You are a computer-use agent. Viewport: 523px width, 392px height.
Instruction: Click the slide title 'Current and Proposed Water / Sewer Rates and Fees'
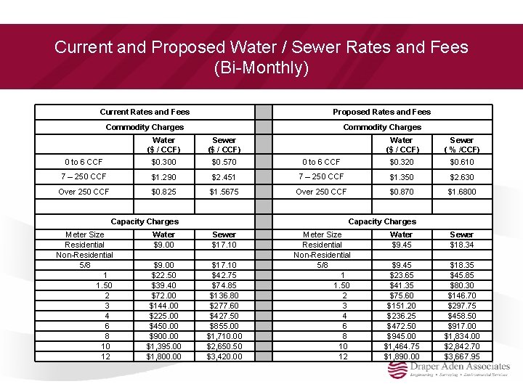(x=261, y=48)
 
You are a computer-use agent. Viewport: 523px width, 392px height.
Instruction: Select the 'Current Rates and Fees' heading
(x=145, y=112)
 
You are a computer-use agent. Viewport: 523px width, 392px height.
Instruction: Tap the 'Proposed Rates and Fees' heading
(x=381, y=112)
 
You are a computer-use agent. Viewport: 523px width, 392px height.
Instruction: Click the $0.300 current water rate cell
(x=163, y=161)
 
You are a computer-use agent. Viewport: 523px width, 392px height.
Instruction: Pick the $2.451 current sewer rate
(x=224, y=177)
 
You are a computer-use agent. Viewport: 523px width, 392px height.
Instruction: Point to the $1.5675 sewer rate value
(x=224, y=192)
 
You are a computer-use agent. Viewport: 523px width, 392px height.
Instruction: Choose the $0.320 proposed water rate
(x=401, y=161)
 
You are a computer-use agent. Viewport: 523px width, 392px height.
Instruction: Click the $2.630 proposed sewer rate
(x=461, y=176)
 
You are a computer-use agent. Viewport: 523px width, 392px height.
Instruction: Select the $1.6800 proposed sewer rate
(x=461, y=192)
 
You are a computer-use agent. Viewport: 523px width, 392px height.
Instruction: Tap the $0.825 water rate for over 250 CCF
(x=163, y=192)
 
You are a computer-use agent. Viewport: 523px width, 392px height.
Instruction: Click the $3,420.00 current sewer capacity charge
(x=224, y=356)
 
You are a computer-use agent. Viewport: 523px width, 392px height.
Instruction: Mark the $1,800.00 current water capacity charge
(x=163, y=356)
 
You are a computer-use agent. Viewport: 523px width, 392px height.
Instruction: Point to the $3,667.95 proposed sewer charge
(x=461, y=356)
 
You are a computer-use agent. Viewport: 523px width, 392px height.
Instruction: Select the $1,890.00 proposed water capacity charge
(x=401, y=356)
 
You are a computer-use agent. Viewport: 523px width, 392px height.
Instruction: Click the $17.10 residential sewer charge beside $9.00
(x=224, y=245)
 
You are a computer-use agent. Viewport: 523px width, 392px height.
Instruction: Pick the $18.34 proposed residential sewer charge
(x=461, y=245)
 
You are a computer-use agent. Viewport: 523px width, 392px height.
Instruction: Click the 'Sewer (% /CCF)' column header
(x=461, y=144)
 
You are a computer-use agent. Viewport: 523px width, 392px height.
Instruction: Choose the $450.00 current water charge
(x=163, y=326)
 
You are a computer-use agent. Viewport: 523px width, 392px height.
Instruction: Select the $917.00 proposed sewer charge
(x=461, y=326)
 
